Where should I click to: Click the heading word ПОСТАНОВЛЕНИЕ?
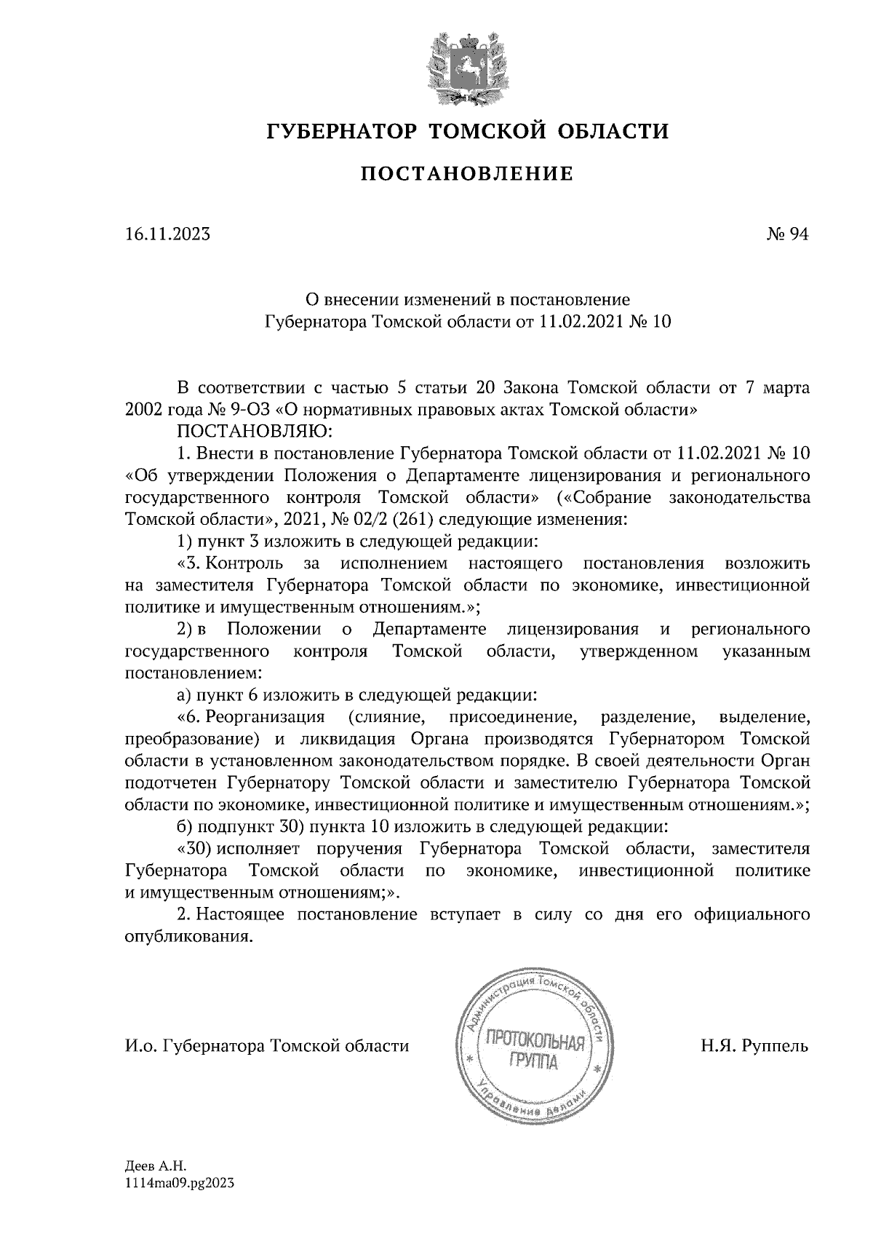[x=467, y=174]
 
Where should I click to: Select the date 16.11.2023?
[x=167, y=234]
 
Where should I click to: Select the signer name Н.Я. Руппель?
[x=754, y=1046]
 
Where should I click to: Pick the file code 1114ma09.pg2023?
[x=180, y=1184]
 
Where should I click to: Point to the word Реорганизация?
[x=264, y=717]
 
